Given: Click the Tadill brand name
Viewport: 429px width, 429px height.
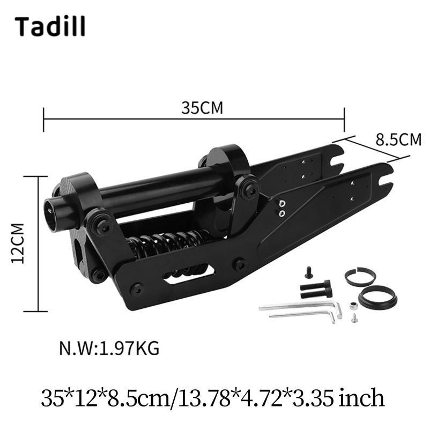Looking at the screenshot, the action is point(50,26).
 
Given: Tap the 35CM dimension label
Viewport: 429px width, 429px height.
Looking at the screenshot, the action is point(202,108).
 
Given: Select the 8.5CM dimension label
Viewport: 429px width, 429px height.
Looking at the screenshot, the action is point(398,139).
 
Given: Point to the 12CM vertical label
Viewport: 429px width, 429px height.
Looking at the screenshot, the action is point(18,243).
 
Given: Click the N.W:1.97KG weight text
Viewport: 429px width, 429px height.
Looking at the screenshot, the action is point(109,349).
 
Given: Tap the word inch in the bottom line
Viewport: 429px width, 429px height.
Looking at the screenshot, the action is point(361,398).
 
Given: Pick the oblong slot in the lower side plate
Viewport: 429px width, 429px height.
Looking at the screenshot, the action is point(189,273).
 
